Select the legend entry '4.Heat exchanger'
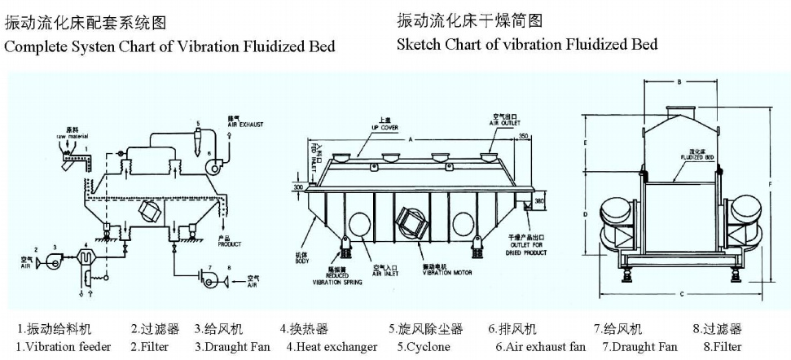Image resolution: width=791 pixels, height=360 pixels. (x=332, y=347)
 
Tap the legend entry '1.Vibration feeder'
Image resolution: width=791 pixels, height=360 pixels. (x=64, y=347)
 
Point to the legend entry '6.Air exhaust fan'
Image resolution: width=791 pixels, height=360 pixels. (x=537, y=347)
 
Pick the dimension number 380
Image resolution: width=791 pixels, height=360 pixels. (x=539, y=200)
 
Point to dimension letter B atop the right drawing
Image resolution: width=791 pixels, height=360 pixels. (x=678, y=81)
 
